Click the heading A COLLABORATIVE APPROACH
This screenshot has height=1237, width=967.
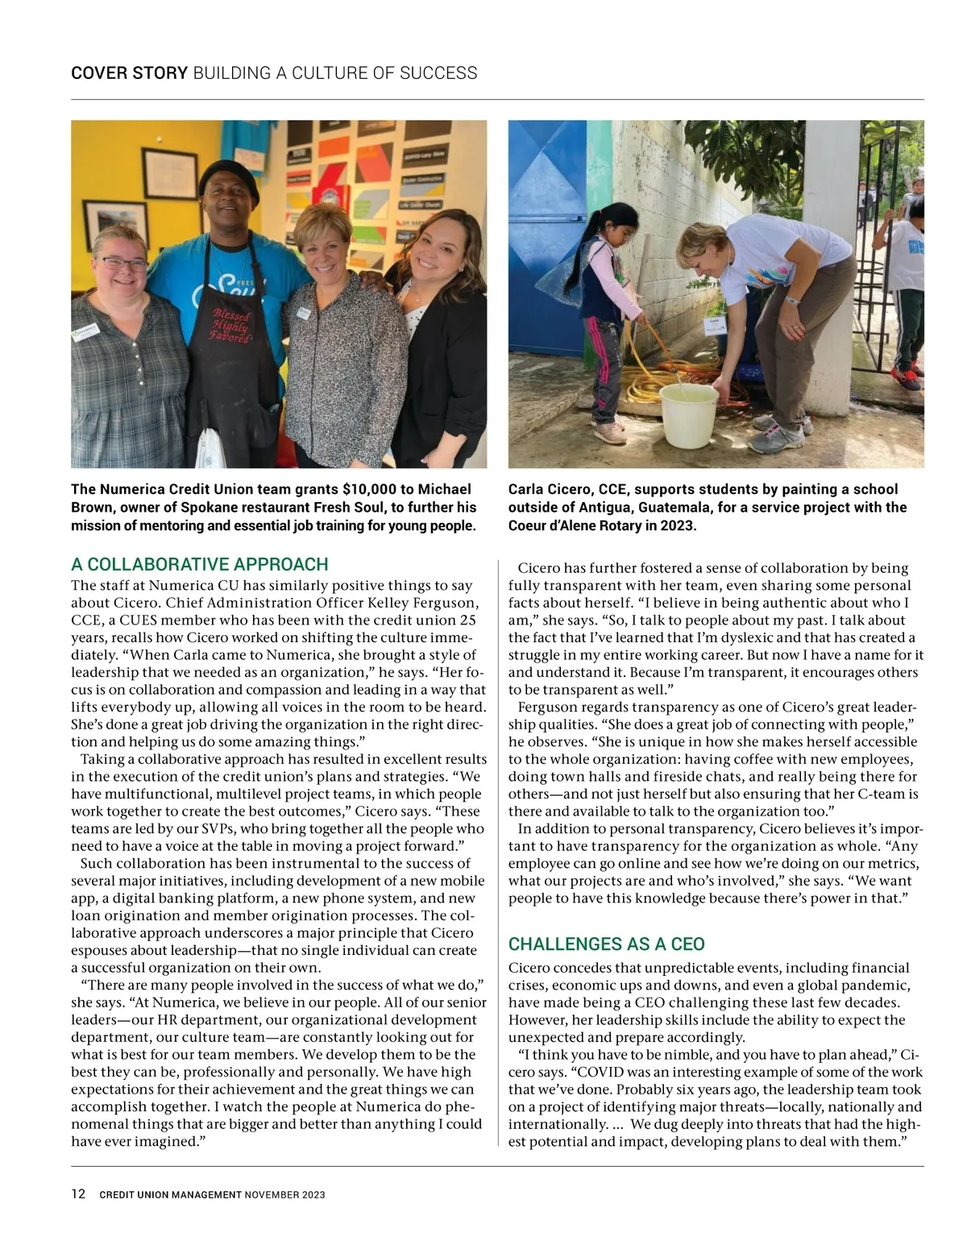click(200, 564)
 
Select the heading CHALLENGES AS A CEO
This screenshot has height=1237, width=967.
click(606, 944)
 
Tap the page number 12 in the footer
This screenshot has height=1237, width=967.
click(78, 1194)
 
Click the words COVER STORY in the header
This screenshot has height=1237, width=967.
click(129, 73)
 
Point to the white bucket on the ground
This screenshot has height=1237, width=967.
click(688, 415)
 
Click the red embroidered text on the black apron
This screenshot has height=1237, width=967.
click(231, 326)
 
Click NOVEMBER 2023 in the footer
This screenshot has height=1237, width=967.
click(285, 1195)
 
